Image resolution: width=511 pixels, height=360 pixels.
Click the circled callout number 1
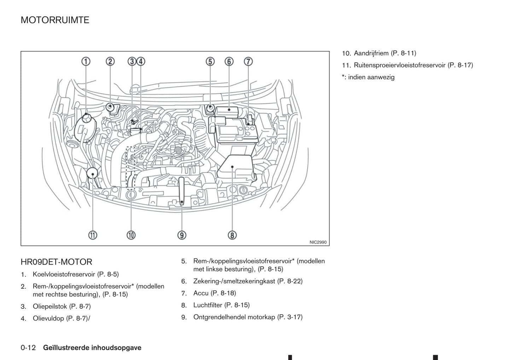[x=86, y=61]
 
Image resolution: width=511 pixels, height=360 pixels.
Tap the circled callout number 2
[x=110, y=61]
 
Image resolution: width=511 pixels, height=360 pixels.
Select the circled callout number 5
[x=210, y=61]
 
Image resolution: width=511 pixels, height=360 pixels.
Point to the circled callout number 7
[x=248, y=61]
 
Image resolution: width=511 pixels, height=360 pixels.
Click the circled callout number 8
[x=232, y=235]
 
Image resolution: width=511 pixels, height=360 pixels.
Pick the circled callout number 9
[x=182, y=235]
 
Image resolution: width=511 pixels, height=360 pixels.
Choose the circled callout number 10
[x=131, y=235]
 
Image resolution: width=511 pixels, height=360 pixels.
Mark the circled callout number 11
[x=93, y=235]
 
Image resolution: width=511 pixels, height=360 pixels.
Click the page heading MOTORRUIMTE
[x=55, y=20]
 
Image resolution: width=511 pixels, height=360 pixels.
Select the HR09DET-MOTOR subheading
[x=56, y=262]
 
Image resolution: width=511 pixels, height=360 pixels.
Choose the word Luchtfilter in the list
[x=208, y=305]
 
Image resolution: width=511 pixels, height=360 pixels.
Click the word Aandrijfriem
[x=371, y=53]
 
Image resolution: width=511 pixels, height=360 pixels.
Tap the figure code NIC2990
[x=318, y=242]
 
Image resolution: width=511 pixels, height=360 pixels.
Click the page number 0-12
[x=28, y=348]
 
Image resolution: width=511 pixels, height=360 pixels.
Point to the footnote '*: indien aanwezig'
[x=368, y=77]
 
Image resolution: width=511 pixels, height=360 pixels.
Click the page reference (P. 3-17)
[x=290, y=317]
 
